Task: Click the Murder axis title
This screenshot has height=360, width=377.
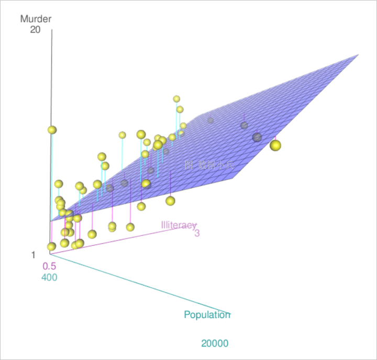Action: coord(36,19)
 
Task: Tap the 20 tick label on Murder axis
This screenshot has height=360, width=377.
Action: coord(36,30)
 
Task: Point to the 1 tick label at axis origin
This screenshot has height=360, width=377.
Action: coord(34,255)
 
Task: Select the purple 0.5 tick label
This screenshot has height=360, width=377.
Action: coord(49,266)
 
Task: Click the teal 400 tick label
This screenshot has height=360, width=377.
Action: coord(49,277)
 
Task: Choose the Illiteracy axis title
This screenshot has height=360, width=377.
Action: coord(179,225)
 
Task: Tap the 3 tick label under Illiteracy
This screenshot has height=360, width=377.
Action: coord(197,233)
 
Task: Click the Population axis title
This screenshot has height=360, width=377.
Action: coord(207,315)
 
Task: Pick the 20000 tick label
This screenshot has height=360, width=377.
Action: coord(215,344)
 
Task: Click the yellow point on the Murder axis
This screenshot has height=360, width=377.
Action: coord(51,130)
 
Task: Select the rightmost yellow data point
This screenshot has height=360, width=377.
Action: coord(275,145)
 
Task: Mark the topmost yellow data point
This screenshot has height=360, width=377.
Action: coord(176,99)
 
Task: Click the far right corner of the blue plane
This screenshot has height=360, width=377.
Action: coord(358,54)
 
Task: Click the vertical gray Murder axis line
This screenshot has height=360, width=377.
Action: coord(51,79)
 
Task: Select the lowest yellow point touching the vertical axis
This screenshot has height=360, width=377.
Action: coord(51,246)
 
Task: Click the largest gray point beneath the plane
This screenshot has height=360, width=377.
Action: coord(257,137)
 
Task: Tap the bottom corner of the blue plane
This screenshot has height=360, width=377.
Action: coord(51,221)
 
